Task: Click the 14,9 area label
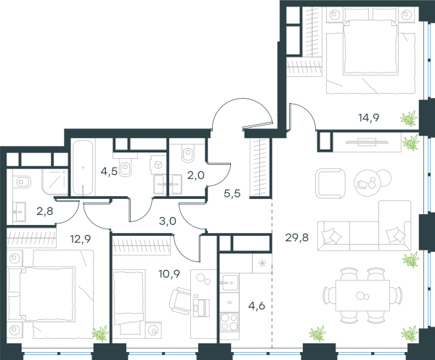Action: [x=369, y=118]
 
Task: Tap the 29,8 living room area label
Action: [x=296, y=237]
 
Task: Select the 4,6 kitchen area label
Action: [x=257, y=306]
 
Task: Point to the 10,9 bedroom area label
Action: [x=169, y=274]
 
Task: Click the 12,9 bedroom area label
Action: [x=81, y=239]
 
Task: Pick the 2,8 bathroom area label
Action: [x=45, y=211]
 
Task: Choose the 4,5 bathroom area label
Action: [x=109, y=171]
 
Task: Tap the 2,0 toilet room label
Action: [x=196, y=176]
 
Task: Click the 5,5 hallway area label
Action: [x=232, y=194]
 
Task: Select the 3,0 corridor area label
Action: [x=168, y=221]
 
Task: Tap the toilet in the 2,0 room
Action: [x=188, y=153]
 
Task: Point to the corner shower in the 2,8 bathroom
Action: [x=55, y=182]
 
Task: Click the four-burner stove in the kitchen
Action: [x=229, y=322]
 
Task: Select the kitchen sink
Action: [x=229, y=282]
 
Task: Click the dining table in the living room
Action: [x=362, y=295]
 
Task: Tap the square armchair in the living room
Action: [x=330, y=184]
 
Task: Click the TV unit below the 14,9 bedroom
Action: [x=367, y=142]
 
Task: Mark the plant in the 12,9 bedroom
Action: [x=100, y=333]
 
